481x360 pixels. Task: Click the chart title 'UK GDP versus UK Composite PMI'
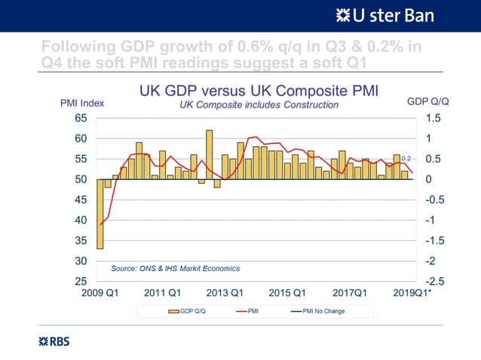pos(259,91)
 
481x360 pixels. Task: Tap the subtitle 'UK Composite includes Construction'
pos(259,105)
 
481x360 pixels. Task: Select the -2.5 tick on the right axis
pos(430,281)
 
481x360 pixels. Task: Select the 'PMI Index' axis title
pos(82,103)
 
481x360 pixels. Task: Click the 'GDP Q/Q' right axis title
pos(427,101)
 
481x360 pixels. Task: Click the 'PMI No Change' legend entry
pos(319,310)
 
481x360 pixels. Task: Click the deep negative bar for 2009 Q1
pos(100,214)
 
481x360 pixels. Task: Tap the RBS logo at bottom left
pos(54,341)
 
